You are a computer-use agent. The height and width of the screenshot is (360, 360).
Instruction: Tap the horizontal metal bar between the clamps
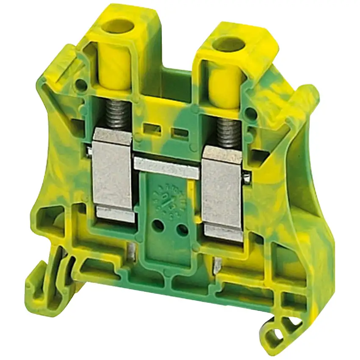point(166,166)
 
